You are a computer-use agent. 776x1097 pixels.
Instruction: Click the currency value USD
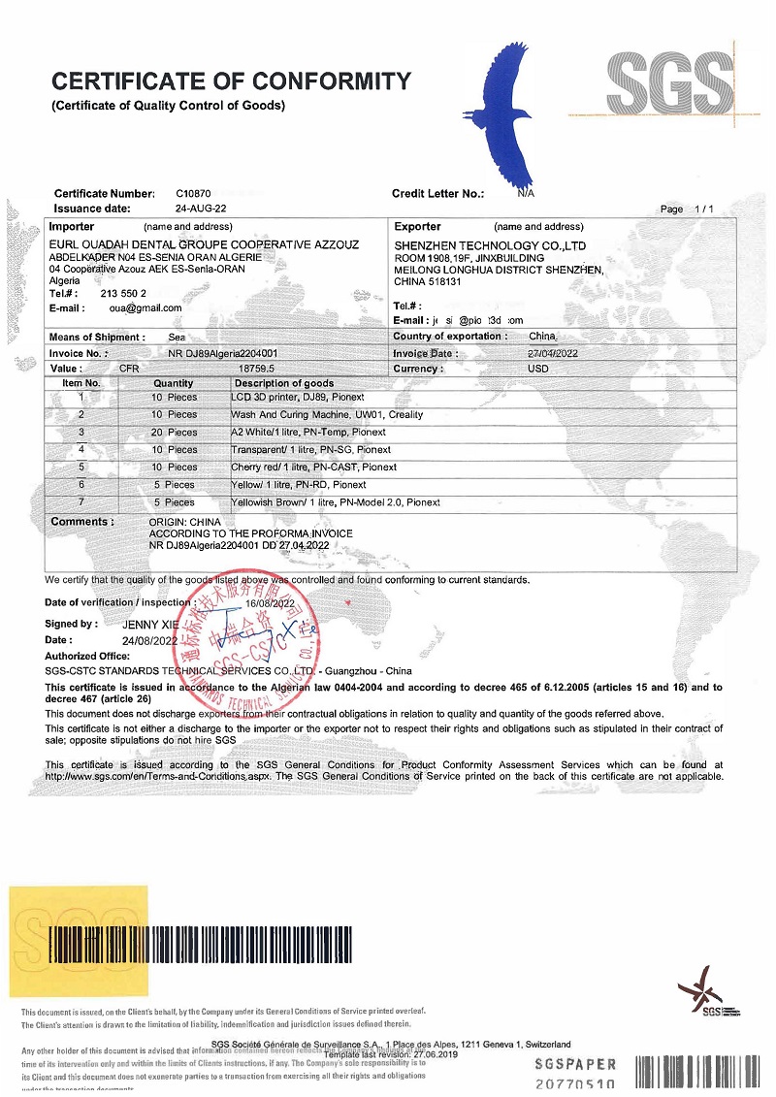click(538, 369)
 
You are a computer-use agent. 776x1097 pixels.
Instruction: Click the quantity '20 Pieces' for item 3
click(174, 433)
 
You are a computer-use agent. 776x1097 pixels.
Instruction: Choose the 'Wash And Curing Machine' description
click(321, 415)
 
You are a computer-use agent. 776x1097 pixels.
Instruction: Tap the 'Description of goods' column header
click(283, 383)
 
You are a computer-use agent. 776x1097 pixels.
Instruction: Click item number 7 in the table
click(81, 502)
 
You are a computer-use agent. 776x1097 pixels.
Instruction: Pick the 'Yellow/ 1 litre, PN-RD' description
click(299, 485)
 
